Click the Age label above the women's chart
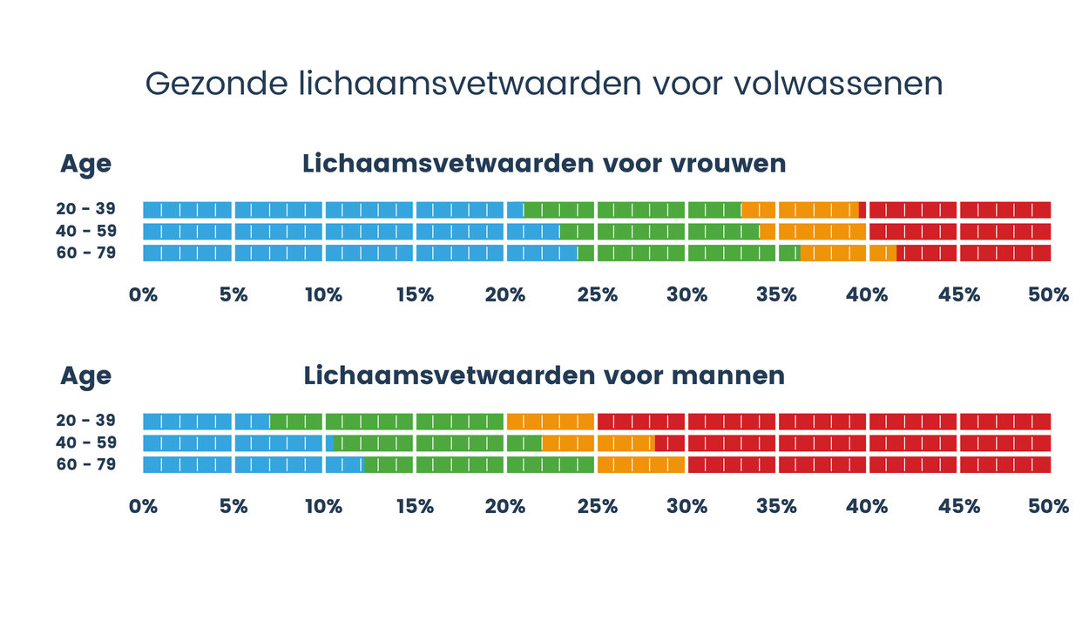(x=85, y=165)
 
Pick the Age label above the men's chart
(x=85, y=376)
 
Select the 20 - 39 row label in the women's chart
(x=85, y=209)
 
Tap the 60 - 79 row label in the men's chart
(x=85, y=464)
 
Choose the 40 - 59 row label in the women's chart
(x=85, y=231)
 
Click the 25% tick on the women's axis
(x=597, y=295)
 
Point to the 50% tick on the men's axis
(x=1048, y=507)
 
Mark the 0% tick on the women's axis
(x=143, y=295)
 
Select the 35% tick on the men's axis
(x=776, y=507)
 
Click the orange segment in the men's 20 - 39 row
(x=550, y=421)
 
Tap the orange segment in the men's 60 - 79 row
(x=641, y=464)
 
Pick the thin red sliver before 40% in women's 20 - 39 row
(x=862, y=209)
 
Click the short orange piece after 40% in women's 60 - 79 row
(x=883, y=253)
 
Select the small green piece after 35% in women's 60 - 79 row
(x=789, y=253)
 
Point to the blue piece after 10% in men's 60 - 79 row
(x=344, y=464)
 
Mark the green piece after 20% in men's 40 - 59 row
(x=524, y=442)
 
